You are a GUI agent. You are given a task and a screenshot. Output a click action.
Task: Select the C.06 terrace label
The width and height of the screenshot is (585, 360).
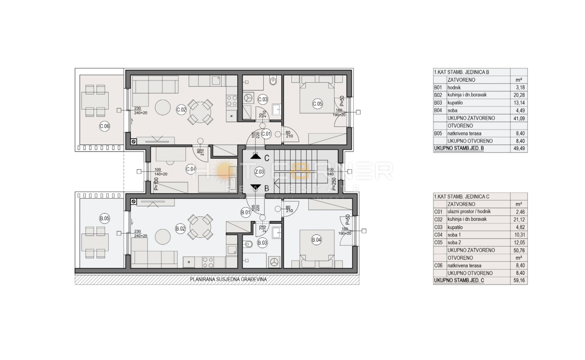click(104, 127)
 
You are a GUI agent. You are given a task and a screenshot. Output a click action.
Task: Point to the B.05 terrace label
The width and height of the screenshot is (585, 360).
click(104, 218)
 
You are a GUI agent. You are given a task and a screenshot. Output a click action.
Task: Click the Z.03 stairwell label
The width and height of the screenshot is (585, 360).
click(259, 171)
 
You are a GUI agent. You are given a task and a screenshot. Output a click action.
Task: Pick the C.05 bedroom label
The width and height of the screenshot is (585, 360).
click(317, 103)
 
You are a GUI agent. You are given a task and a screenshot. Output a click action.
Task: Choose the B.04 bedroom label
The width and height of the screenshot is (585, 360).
click(316, 239)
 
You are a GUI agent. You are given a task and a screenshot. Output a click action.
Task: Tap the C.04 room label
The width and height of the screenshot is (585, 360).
click(191, 169)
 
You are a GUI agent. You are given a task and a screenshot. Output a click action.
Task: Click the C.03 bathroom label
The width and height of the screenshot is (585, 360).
click(263, 99)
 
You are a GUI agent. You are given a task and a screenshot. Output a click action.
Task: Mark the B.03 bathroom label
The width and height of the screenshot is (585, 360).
click(262, 242)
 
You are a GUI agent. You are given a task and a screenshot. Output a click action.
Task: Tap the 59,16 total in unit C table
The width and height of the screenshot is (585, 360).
click(518, 281)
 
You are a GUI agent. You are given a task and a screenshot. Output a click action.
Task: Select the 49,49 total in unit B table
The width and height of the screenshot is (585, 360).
click(518, 149)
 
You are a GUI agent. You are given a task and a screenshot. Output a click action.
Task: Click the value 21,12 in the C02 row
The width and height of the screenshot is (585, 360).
click(518, 219)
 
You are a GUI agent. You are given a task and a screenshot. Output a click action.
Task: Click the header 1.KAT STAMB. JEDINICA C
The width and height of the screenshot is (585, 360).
click(461, 196)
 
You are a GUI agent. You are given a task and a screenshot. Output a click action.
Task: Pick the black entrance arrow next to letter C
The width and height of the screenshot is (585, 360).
click(255, 157)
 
